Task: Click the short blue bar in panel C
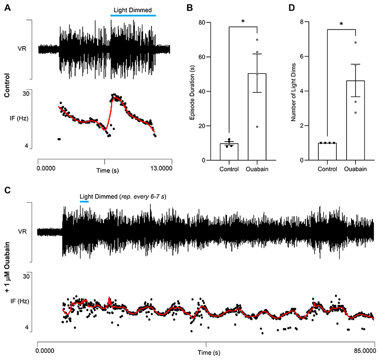pyautogui.click(x=84, y=201)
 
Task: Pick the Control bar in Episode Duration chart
pyautogui.click(x=229, y=152)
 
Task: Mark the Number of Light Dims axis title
pyautogui.click(x=296, y=92)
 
